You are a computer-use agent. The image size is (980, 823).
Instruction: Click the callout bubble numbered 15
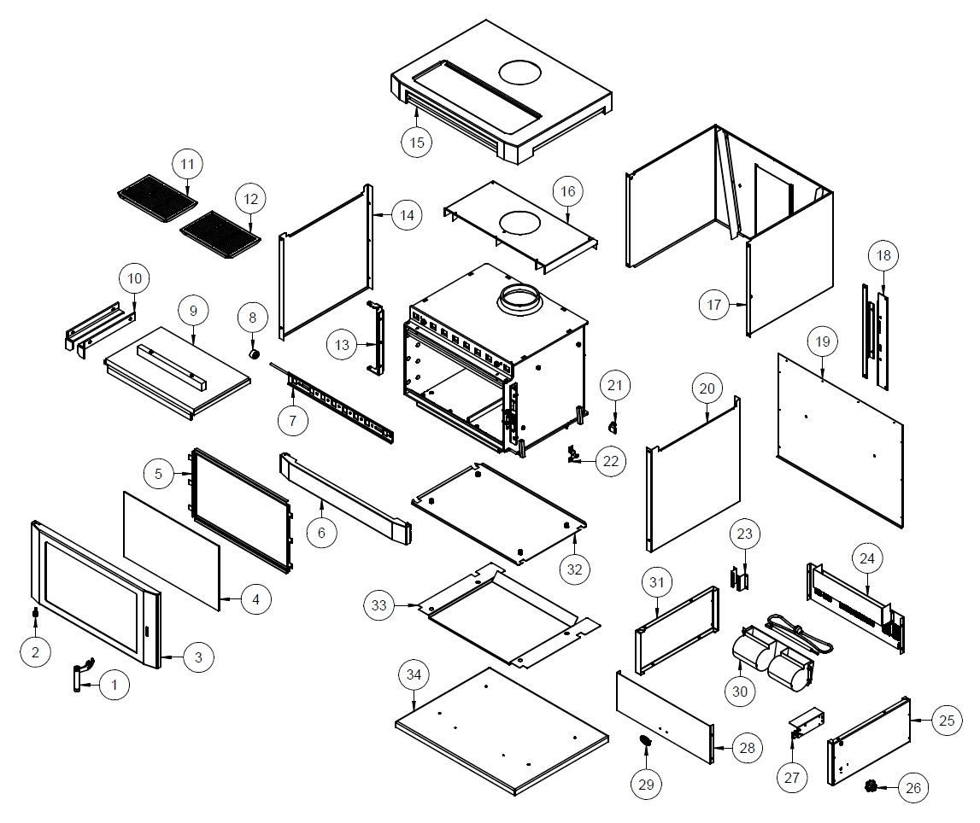[x=416, y=142]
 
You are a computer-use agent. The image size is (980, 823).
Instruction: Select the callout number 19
[x=822, y=341]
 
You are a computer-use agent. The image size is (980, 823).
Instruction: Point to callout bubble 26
[x=913, y=787]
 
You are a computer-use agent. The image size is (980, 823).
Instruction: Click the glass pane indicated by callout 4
[x=171, y=548]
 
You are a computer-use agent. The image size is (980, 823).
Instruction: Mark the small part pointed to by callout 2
[x=35, y=615]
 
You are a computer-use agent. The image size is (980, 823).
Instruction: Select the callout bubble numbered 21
[x=615, y=386]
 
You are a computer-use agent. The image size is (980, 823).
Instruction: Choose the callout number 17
[x=715, y=305]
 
